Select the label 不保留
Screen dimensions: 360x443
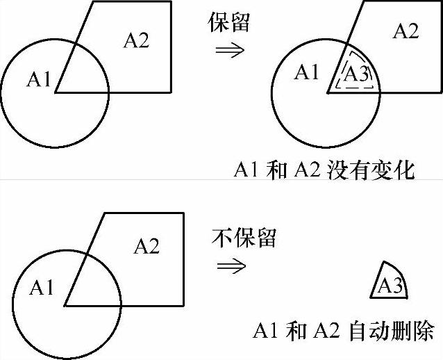(x=244, y=238)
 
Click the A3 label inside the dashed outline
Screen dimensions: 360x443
(x=356, y=74)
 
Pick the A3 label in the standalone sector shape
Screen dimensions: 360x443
(x=390, y=285)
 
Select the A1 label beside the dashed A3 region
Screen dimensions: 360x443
(x=306, y=72)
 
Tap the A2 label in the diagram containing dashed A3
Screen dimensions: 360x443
(x=406, y=31)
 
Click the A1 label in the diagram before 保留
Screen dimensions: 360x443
(x=39, y=80)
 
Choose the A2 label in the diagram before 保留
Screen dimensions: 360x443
(x=135, y=40)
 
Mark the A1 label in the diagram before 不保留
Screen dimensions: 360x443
(x=42, y=287)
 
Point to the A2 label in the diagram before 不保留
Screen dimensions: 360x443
(x=146, y=246)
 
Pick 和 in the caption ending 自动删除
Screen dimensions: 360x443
(x=296, y=331)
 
